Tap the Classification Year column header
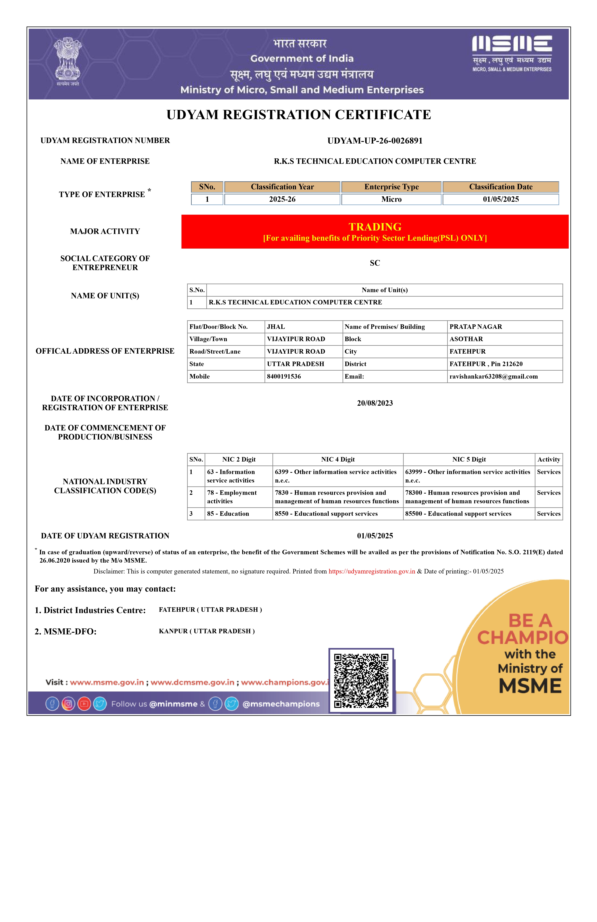pos(282,187)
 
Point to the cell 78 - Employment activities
pos(232,497)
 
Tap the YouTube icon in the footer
pos(84,704)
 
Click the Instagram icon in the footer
pos(68,704)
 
